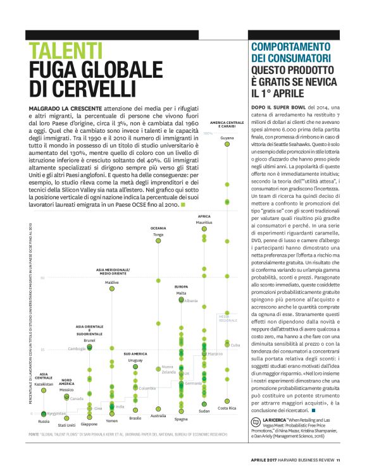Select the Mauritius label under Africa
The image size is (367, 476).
click(204, 223)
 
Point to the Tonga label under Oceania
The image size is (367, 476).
click(158, 235)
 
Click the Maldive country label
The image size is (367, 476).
click(112, 282)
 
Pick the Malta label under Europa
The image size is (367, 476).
click(181, 293)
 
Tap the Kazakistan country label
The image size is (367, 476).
click(44, 384)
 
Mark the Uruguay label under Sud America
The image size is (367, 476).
click(135, 360)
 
